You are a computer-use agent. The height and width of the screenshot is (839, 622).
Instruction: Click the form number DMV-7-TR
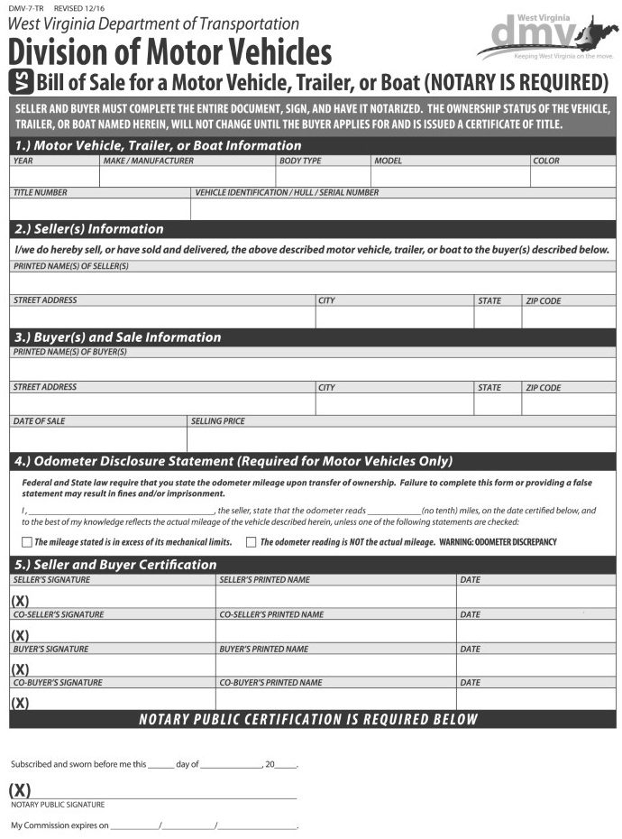click(x=26, y=7)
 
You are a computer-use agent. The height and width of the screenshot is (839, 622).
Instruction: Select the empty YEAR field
click(x=54, y=177)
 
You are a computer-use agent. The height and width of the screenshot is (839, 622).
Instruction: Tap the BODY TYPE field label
click(x=300, y=161)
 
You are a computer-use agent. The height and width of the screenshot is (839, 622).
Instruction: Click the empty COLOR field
click(x=572, y=177)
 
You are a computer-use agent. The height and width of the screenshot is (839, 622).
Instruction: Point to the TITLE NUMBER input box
click(x=100, y=209)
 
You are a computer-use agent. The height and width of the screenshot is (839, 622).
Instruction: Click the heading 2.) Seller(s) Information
click(x=89, y=229)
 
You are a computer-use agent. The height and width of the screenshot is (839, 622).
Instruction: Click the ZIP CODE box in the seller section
click(x=569, y=318)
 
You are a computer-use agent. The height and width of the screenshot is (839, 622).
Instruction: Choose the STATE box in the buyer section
click(x=498, y=404)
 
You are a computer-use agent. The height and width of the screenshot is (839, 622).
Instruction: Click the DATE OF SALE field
click(x=98, y=438)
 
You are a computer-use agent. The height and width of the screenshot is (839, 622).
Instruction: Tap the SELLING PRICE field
click(x=401, y=438)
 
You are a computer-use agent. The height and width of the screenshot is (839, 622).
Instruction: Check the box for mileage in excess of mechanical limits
click(x=26, y=542)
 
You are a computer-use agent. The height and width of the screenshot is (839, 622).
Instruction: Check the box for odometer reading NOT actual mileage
click(x=252, y=542)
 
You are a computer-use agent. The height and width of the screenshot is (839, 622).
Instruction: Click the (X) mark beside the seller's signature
click(x=21, y=601)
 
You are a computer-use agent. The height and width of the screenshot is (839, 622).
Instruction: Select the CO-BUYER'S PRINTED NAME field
click(x=336, y=699)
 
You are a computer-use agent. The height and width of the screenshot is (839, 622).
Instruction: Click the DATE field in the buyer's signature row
click(x=535, y=666)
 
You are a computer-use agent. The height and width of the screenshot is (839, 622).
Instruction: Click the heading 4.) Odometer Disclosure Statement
click(x=233, y=461)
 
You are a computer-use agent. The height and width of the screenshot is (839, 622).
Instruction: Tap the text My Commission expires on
click(x=59, y=825)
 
